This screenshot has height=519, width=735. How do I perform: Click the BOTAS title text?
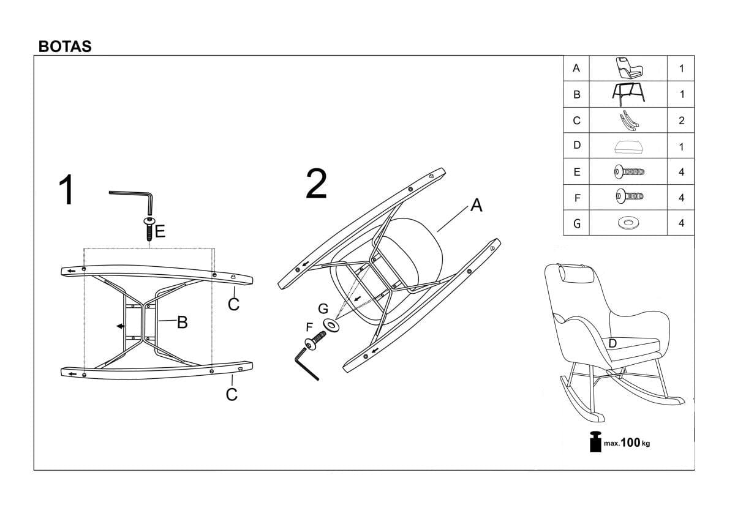click(65, 47)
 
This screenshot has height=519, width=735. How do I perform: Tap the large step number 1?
click(66, 190)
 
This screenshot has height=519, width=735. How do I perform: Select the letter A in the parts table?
click(576, 68)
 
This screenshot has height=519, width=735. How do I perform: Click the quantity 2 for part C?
click(682, 121)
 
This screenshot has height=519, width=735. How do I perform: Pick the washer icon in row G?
click(628, 223)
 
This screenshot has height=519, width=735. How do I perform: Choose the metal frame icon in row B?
click(628, 94)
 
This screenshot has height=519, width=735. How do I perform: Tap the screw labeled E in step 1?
click(149, 229)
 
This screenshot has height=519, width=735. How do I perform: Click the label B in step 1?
click(183, 322)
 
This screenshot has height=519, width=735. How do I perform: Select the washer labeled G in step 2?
click(331, 325)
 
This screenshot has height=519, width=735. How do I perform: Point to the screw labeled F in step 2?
click(315, 340)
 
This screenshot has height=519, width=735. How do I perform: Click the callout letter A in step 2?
click(476, 205)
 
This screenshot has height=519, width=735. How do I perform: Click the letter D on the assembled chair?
click(612, 343)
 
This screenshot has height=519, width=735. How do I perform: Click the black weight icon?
click(595, 442)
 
